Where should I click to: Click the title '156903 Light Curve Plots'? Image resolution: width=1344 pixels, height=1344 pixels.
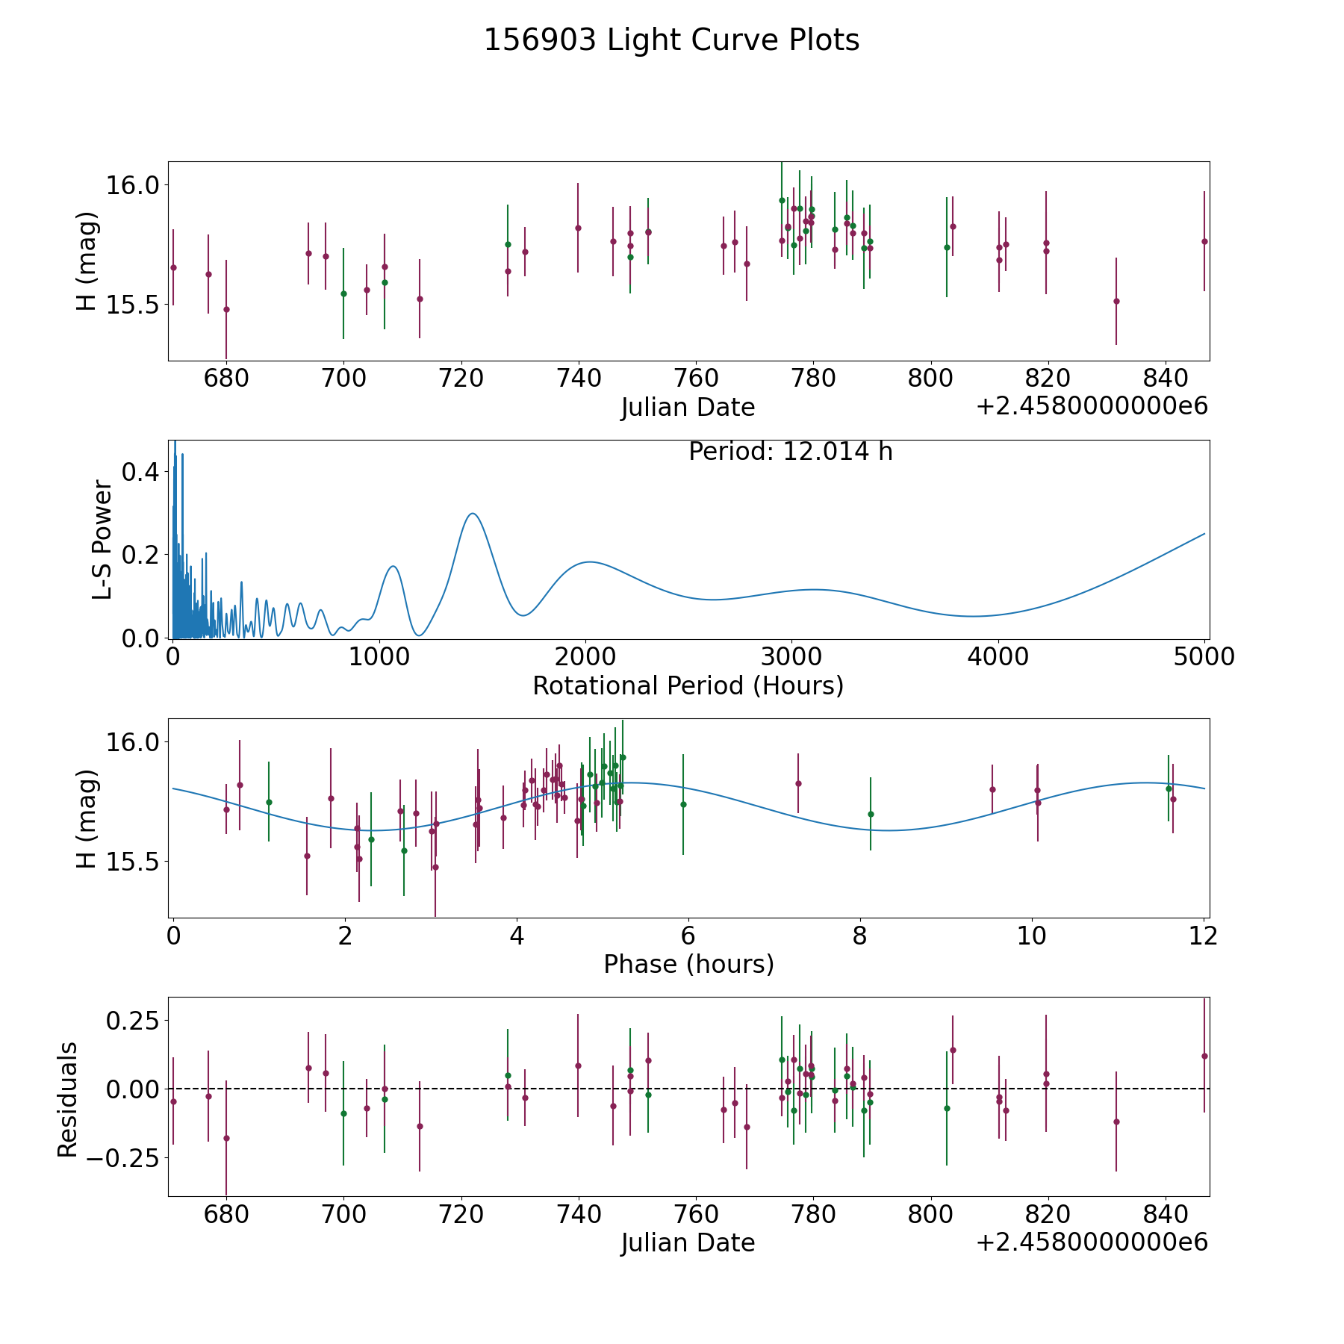point(671,40)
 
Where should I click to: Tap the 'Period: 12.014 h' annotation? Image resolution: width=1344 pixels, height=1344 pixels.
point(790,452)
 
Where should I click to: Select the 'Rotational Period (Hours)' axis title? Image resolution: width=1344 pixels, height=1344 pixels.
point(688,685)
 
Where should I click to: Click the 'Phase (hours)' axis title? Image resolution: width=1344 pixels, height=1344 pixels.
point(688,964)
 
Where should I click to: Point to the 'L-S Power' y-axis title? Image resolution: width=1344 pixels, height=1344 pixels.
point(103,540)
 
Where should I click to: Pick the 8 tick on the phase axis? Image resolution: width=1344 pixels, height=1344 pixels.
point(860,936)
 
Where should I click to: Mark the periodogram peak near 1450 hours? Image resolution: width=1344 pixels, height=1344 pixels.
point(472,514)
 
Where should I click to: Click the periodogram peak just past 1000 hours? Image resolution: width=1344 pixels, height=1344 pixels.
point(393,567)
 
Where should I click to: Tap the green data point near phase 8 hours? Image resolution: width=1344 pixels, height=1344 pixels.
point(871,814)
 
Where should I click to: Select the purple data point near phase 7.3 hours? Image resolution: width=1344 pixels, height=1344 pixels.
point(798,783)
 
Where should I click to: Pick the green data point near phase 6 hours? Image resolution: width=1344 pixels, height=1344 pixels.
point(683,804)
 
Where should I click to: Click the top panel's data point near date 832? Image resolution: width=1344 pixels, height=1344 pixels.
point(1116,301)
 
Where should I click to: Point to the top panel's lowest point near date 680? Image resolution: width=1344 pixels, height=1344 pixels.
point(226,309)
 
